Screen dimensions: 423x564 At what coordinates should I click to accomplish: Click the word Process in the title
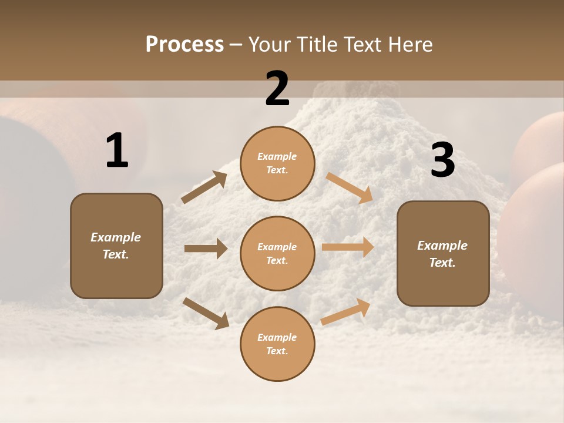(x=184, y=45)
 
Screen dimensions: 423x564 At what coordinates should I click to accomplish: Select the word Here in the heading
(x=409, y=45)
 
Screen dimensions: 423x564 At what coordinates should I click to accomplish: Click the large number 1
(x=117, y=151)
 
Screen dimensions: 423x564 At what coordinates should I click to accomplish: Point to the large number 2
(x=277, y=89)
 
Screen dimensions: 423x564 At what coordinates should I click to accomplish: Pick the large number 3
(x=442, y=160)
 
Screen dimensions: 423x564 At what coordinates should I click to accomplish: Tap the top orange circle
(x=277, y=163)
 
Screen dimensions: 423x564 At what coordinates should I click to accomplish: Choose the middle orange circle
(x=277, y=253)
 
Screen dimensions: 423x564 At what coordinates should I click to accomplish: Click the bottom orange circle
(x=277, y=344)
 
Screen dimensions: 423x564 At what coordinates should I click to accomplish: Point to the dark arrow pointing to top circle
(x=204, y=187)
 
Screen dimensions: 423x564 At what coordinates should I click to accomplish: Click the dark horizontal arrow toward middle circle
(x=206, y=249)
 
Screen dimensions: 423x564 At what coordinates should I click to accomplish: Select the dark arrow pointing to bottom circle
(x=206, y=313)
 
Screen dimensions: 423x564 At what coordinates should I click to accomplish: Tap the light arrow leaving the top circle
(x=350, y=187)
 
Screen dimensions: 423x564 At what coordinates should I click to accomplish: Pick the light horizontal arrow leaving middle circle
(x=348, y=247)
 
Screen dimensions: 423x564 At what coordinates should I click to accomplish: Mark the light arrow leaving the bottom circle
(x=345, y=312)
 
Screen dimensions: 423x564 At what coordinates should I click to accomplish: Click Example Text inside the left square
(x=116, y=246)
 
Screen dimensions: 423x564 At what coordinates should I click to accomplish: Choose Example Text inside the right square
(x=442, y=254)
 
